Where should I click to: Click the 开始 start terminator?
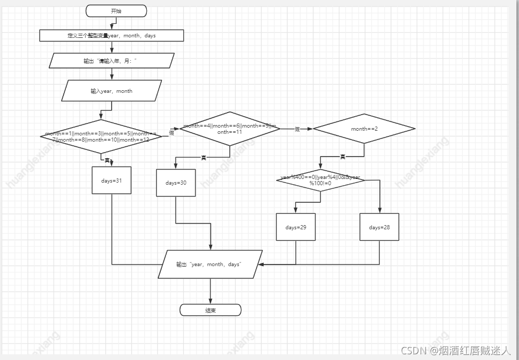(x=116, y=11)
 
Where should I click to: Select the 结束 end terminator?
(x=210, y=310)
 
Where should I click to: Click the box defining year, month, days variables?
(x=112, y=35)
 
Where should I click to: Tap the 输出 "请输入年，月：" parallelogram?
(x=112, y=61)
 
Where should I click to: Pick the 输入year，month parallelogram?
(x=112, y=91)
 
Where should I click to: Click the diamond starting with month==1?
(x=102, y=136)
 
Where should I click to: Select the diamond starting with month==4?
(x=229, y=129)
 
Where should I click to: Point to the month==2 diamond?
(x=364, y=129)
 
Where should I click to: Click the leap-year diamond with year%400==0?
(x=320, y=180)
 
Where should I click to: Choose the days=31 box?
(x=112, y=180)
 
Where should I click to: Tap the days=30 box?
(x=176, y=183)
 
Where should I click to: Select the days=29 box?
(x=296, y=227)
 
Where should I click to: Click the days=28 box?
(x=379, y=227)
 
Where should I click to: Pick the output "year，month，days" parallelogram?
(x=210, y=265)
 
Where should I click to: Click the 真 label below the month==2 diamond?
(x=343, y=157)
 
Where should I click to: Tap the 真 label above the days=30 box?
(x=203, y=158)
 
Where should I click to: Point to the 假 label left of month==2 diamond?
(x=297, y=129)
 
